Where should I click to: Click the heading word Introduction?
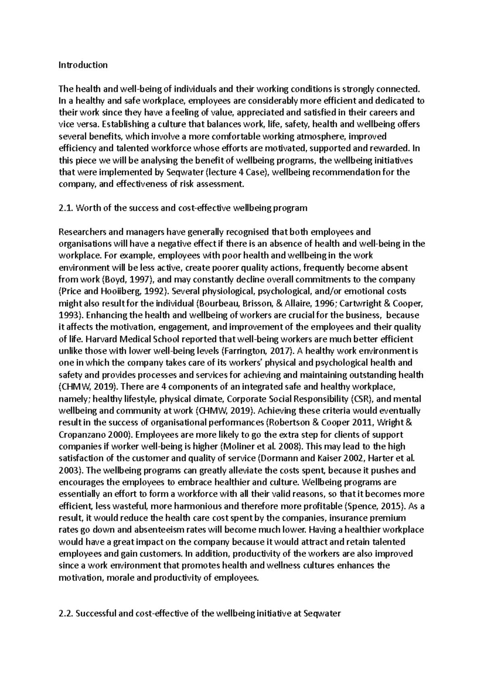(x=83, y=65)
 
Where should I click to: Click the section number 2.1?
(x=66, y=208)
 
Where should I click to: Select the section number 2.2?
(x=66, y=614)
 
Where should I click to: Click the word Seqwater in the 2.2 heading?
(x=321, y=614)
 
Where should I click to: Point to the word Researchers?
(x=82, y=232)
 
